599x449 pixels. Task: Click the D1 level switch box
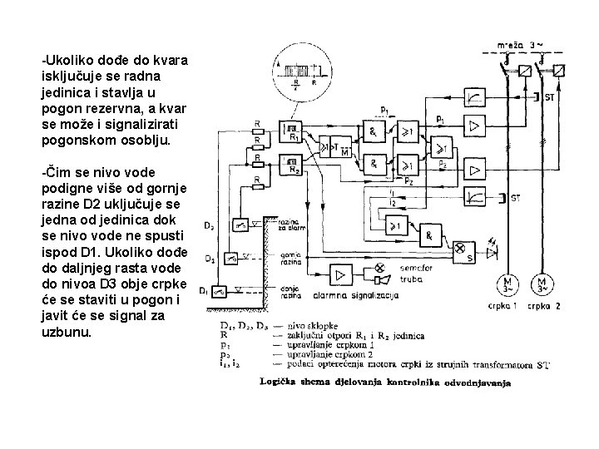220,291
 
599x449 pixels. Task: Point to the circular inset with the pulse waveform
302,73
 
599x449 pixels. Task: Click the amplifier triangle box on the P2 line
473,161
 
